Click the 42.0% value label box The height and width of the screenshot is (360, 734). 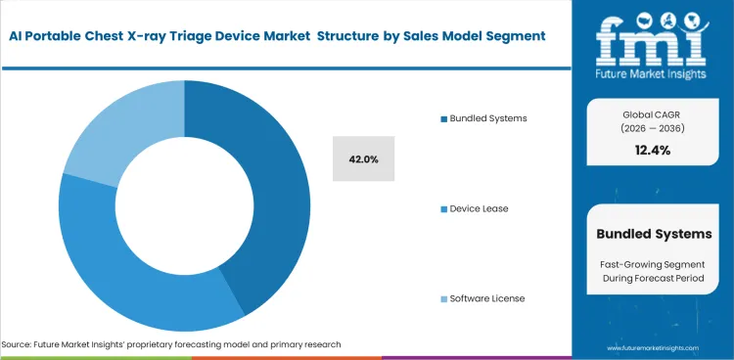[x=363, y=158]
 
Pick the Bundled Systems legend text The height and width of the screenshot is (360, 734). [x=488, y=118]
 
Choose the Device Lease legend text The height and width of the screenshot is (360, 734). [x=480, y=209]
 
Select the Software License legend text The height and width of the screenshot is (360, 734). [x=486, y=298]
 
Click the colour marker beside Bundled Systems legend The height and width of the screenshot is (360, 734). [x=443, y=118]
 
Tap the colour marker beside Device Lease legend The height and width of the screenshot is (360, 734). [x=443, y=209]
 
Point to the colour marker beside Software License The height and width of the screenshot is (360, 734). [x=443, y=298]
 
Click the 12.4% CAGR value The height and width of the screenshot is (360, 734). [x=653, y=150]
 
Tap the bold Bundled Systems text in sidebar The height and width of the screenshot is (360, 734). [x=653, y=234]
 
